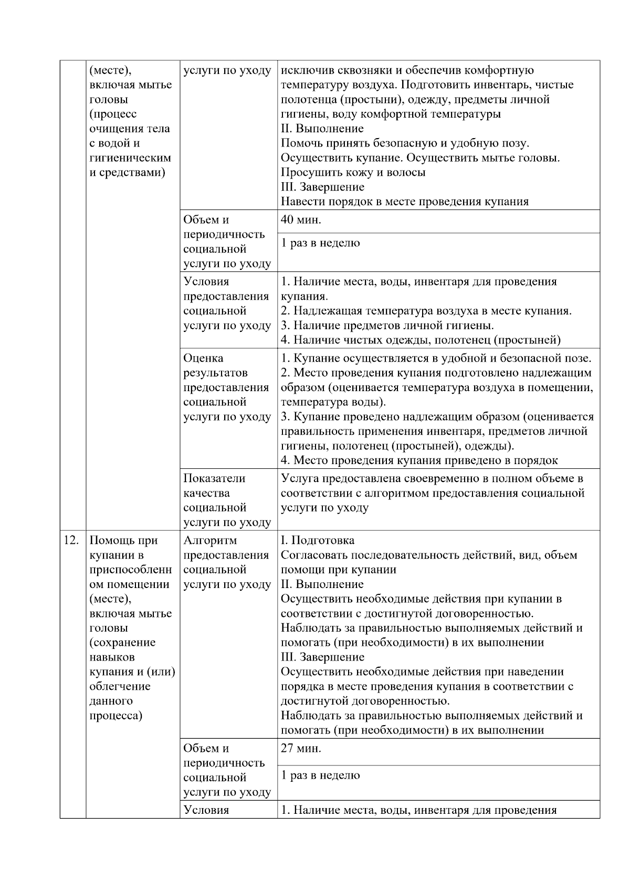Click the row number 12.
click(71, 540)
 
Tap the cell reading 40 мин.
click(301, 220)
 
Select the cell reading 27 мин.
click(301, 748)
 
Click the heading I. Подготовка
click(318, 540)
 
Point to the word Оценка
click(203, 358)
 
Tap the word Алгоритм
click(210, 540)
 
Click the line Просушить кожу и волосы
click(353, 172)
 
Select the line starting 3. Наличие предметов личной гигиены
click(387, 326)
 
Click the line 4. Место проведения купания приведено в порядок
click(419, 460)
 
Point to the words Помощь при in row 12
click(124, 540)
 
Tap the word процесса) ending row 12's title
click(116, 716)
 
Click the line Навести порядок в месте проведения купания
click(404, 201)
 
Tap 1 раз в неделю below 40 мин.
click(320, 243)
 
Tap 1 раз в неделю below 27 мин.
click(320, 775)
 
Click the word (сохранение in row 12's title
click(122, 643)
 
